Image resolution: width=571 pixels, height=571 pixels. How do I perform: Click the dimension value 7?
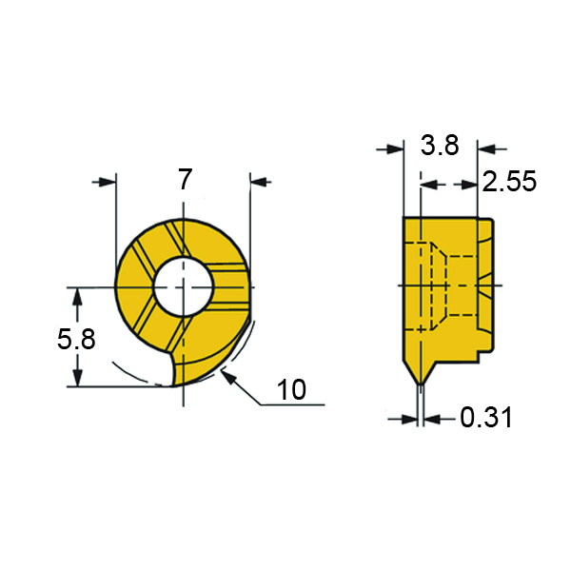(x=185, y=179)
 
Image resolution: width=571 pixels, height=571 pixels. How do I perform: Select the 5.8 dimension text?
(x=76, y=339)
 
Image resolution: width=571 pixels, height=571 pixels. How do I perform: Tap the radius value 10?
(x=292, y=389)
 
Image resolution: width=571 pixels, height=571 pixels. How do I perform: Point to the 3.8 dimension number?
(x=440, y=145)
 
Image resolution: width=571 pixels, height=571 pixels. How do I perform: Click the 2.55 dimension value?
(x=509, y=181)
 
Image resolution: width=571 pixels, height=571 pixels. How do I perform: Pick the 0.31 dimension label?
(x=486, y=418)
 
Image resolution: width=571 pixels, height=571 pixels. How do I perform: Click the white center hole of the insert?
(x=183, y=286)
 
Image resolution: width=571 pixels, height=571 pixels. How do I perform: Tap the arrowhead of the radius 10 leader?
(x=228, y=377)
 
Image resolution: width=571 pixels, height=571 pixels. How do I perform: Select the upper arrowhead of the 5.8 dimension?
(x=77, y=296)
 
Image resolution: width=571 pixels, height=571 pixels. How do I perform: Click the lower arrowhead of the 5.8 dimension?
(x=77, y=378)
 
